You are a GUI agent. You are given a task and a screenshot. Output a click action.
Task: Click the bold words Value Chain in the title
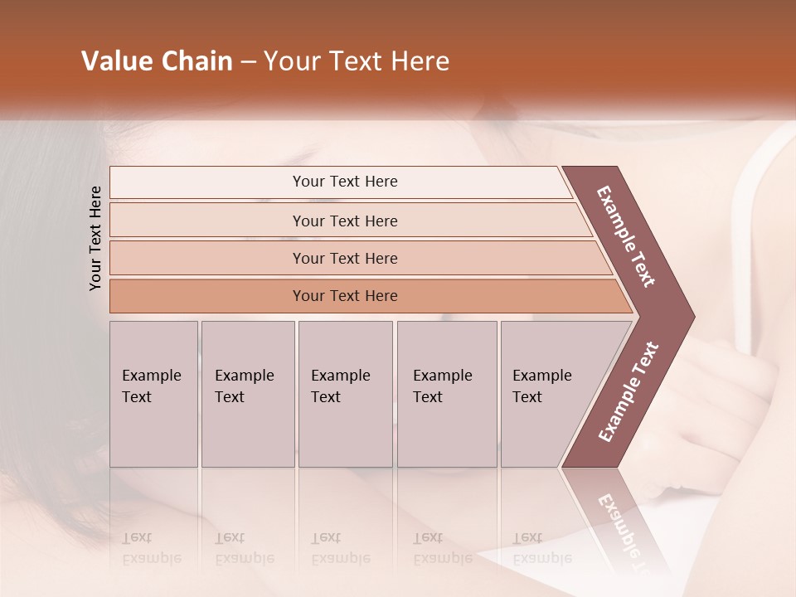tap(157, 61)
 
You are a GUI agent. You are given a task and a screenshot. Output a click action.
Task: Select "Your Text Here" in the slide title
tap(357, 61)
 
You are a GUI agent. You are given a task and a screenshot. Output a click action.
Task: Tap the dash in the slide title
tap(248, 62)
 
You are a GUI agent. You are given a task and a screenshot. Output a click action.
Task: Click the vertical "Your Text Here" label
tap(95, 238)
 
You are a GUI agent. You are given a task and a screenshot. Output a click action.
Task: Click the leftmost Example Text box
tap(153, 394)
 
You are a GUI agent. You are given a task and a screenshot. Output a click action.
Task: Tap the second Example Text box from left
tap(247, 394)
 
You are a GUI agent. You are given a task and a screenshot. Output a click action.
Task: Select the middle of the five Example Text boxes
tap(345, 394)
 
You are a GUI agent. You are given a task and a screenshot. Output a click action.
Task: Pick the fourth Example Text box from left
tap(446, 394)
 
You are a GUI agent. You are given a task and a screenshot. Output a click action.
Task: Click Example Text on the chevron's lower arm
tap(629, 392)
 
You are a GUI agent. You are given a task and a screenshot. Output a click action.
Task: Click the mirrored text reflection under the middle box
tap(340, 548)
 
